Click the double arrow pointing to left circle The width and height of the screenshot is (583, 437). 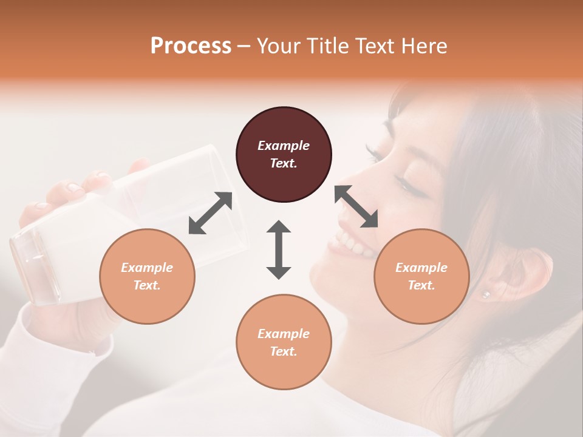tap(210, 212)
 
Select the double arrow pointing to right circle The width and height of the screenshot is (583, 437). tap(356, 206)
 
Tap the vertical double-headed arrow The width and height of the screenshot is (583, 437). tap(279, 249)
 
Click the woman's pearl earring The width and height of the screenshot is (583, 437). tap(485, 294)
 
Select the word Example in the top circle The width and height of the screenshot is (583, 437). tap(284, 146)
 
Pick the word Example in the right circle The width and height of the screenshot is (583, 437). tap(421, 268)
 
